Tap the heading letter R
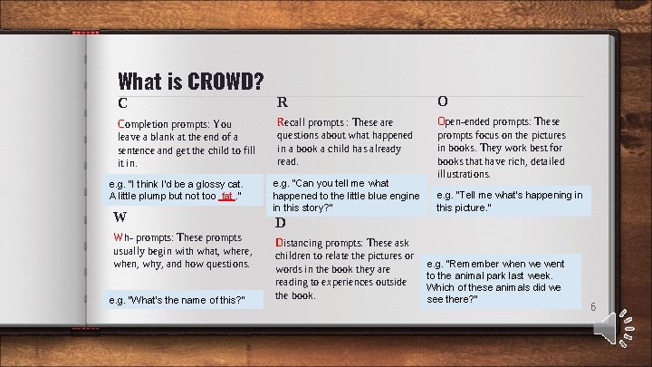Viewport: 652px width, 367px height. coord(283,101)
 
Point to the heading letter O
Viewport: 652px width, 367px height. coord(442,101)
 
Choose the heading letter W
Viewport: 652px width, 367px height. coord(120,217)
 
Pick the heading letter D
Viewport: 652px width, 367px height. coord(281,222)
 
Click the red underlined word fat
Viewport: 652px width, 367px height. coord(226,195)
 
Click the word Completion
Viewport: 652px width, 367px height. coord(146,124)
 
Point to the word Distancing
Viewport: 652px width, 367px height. coord(304,243)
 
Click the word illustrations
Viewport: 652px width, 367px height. coord(465,173)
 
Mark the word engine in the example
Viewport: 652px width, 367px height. coord(404,195)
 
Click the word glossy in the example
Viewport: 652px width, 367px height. coord(208,183)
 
